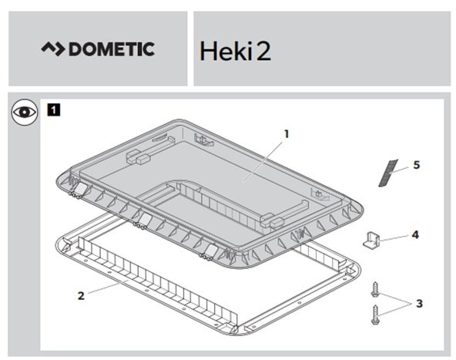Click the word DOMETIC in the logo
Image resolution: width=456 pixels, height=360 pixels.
pyautogui.click(x=112, y=49)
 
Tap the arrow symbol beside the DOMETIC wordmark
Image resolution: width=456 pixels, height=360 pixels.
pyautogui.click(x=52, y=49)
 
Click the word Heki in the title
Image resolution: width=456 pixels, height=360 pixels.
pyautogui.click(x=226, y=51)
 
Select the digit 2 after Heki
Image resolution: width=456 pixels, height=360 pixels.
pyautogui.click(x=263, y=51)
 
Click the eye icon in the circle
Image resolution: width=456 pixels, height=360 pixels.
pyautogui.click(x=25, y=113)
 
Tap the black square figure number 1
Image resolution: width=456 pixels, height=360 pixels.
pyautogui.click(x=53, y=110)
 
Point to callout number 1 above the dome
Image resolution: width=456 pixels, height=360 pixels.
pyautogui.click(x=287, y=134)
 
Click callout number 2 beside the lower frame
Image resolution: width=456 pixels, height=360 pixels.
pyautogui.click(x=81, y=296)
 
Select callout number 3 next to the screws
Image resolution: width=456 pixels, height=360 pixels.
pyautogui.click(x=419, y=304)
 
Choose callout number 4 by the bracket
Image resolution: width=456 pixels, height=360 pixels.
pyautogui.click(x=415, y=235)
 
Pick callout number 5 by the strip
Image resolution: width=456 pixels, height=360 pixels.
pyautogui.click(x=417, y=165)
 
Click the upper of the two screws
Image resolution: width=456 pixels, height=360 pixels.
pyautogui.click(x=375, y=289)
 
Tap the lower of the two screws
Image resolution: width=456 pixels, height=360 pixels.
pyautogui.click(x=375, y=315)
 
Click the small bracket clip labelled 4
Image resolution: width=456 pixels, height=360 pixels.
pyautogui.click(x=371, y=239)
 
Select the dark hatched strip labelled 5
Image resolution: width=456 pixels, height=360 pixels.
pyautogui.click(x=388, y=173)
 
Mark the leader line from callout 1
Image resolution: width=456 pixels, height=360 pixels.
pyautogui.click(x=263, y=161)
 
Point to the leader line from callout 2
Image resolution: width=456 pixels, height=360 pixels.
pyautogui.click(x=108, y=287)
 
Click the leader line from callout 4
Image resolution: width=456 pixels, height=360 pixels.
pyautogui.click(x=394, y=238)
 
